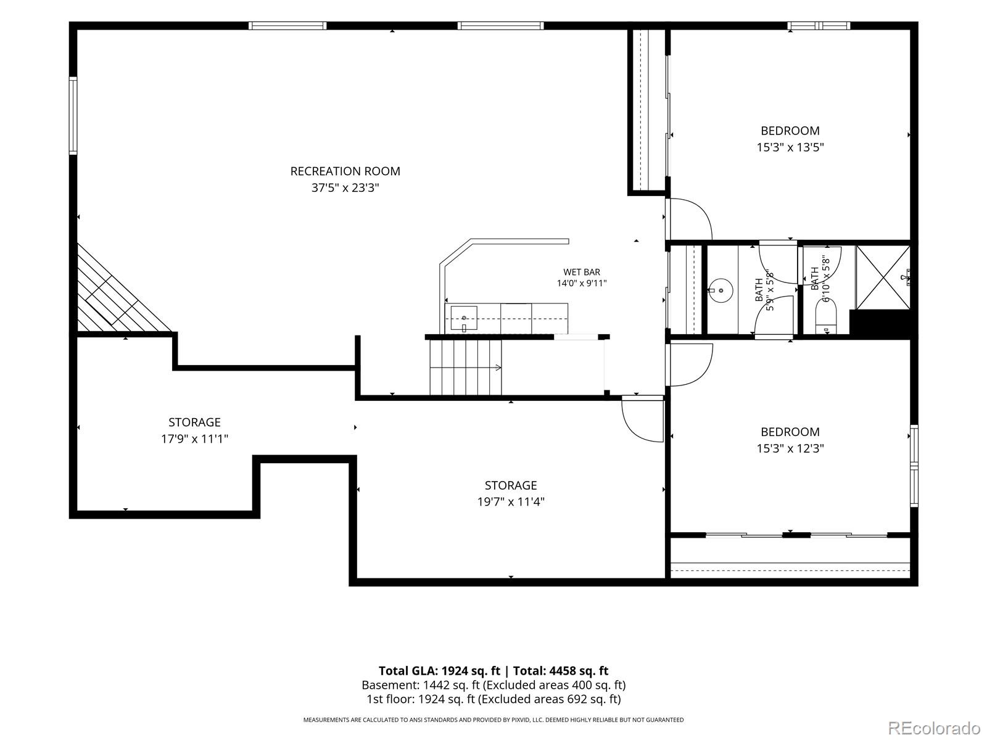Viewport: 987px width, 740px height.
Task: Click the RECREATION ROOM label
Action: [345, 171]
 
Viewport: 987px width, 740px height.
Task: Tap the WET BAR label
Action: [582, 272]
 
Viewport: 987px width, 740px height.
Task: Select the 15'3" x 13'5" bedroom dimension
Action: [790, 147]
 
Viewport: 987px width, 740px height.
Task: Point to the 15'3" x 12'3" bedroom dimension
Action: [790, 448]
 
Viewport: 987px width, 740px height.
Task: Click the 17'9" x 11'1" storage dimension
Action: [195, 438]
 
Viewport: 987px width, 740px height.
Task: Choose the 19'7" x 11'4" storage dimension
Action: [511, 501]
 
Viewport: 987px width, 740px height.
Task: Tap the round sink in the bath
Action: [721, 290]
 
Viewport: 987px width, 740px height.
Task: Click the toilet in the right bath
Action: [826, 317]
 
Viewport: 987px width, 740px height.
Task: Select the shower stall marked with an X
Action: [883, 277]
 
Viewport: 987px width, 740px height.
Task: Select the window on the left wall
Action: [73, 115]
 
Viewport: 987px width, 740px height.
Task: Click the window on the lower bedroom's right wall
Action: [914, 466]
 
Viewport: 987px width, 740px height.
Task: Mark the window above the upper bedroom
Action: [819, 26]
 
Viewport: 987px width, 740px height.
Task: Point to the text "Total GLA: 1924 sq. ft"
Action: [439, 671]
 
